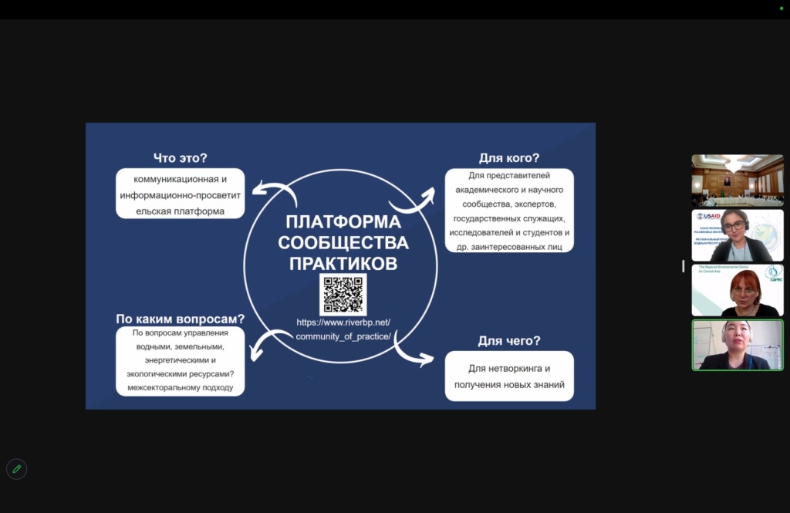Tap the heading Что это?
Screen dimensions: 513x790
[181, 157]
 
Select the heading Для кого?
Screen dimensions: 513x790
[509, 157]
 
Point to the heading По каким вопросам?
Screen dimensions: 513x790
[181, 318]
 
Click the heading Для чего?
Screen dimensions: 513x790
[509, 340]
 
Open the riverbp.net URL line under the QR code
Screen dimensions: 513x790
[343, 321]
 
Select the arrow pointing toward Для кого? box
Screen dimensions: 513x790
[413, 198]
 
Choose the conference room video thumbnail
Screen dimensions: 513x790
[738, 181]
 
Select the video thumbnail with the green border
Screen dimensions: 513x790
[738, 345]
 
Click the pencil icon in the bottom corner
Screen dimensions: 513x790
[16, 469]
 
